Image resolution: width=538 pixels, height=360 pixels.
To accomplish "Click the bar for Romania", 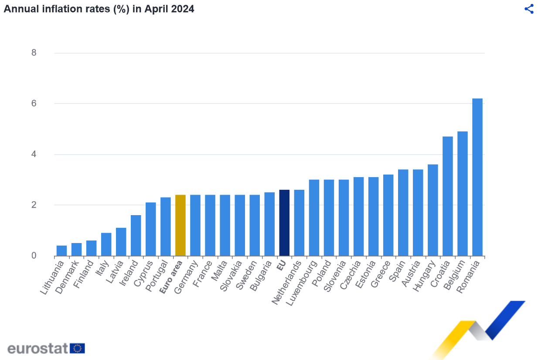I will tap(477, 177).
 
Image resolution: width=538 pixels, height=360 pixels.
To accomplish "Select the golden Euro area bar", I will tap(180, 225).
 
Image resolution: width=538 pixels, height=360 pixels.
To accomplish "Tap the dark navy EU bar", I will tap(284, 223).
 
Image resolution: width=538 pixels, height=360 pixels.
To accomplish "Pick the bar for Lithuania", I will tap(61, 251).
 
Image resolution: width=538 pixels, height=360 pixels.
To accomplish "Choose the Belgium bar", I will tap(463, 194).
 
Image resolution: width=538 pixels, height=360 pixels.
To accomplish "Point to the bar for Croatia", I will tap(448, 196).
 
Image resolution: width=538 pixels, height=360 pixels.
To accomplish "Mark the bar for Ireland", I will tap(136, 236).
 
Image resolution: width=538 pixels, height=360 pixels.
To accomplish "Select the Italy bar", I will tap(106, 244).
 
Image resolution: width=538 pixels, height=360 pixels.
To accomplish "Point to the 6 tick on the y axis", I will tap(34, 104).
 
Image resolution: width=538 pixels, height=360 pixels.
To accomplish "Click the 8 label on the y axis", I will tap(34, 53).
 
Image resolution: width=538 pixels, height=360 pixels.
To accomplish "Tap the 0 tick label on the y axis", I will tap(34, 256).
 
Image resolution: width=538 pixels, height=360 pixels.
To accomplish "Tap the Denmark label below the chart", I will tap(68, 277).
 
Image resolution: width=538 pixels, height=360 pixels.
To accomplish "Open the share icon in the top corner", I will tap(529, 9).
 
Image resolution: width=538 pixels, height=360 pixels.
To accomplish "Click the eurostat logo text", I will tap(38, 348).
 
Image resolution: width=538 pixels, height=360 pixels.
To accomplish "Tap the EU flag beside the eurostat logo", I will tap(78, 348).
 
